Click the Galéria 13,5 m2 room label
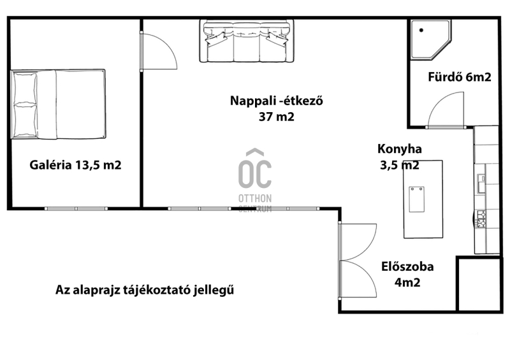75,165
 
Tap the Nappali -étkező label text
277,101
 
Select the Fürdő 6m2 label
459,76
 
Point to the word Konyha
400,148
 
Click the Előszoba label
407,266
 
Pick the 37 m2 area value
277,117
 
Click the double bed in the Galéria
58,104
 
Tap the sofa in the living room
246,41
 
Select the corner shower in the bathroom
430,40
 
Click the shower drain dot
421,30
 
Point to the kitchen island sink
417,199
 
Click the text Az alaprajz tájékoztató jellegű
145,289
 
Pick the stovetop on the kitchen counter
481,219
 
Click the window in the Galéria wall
76,208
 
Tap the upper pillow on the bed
25,88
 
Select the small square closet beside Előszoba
479,284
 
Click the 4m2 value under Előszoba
407,282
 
